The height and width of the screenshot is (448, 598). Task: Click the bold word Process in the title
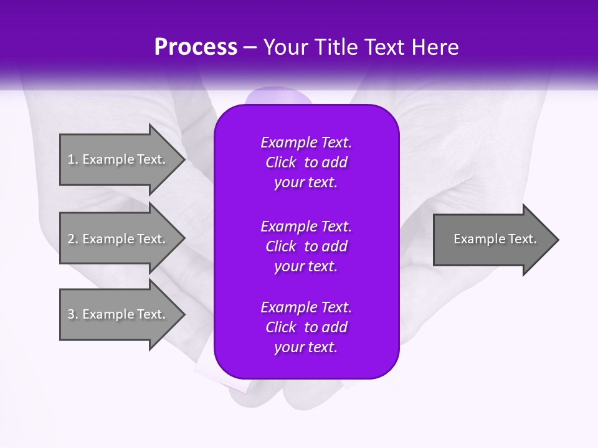click(x=196, y=47)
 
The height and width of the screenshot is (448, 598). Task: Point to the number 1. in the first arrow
click(x=72, y=159)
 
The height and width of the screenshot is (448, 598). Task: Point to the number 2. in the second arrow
click(x=72, y=239)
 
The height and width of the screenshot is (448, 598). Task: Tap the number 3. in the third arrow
click(x=72, y=314)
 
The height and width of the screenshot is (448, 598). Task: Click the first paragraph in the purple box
click(x=306, y=162)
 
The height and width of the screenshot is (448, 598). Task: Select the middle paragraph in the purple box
click(x=306, y=246)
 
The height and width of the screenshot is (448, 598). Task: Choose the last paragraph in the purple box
click(x=306, y=327)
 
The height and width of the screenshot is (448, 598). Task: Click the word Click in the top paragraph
click(x=281, y=162)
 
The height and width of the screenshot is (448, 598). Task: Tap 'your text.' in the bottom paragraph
click(x=306, y=347)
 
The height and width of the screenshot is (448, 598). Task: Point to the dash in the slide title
click(x=250, y=47)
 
